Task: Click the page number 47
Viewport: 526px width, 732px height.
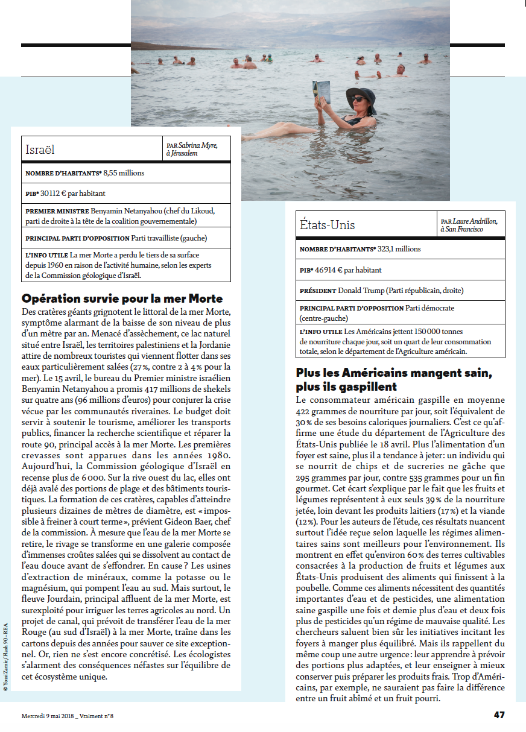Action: pos(499,715)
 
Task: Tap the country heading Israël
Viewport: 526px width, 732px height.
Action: pos(40,149)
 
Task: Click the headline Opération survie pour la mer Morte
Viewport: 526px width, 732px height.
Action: pos(122,298)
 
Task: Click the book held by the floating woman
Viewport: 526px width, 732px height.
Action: pos(321,93)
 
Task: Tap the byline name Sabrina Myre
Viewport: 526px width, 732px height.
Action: pos(198,145)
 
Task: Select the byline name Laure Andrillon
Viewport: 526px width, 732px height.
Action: pos(477,222)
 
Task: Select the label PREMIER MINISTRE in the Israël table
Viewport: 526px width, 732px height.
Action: pos(57,211)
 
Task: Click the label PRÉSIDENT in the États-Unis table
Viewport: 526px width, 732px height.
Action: pos(317,291)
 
